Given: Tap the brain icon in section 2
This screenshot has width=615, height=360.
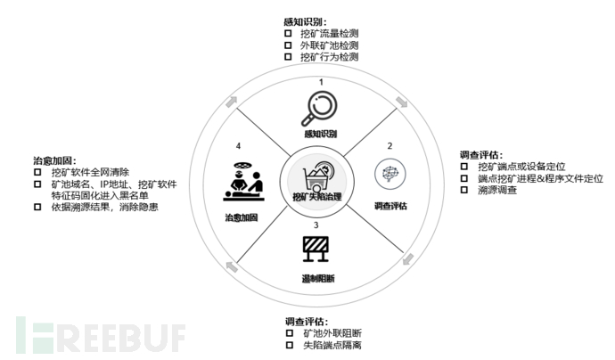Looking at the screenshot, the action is pyautogui.click(x=389, y=174).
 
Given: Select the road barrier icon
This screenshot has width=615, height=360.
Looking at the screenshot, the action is pyautogui.click(x=316, y=249).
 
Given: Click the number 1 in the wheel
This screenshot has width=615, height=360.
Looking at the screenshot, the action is pyautogui.click(x=321, y=82).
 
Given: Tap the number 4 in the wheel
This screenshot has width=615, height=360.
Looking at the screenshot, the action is pyautogui.click(x=238, y=146).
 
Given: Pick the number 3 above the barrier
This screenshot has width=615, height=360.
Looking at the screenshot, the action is pyautogui.click(x=316, y=225).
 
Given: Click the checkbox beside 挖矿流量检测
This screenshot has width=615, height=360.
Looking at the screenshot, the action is pyautogui.click(x=288, y=33).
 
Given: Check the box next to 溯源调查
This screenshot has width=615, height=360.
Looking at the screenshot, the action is pyautogui.click(x=464, y=190).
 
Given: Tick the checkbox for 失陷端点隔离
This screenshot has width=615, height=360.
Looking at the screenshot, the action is pyautogui.click(x=290, y=345).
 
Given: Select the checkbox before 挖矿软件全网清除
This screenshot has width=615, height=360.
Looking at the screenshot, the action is pyautogui.click(x=37, y=172).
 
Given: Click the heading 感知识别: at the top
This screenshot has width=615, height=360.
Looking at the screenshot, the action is pyautogui.click(x=305, y=22).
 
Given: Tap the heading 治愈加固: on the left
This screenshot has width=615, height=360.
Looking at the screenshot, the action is pyautogui.click(x=54, y=160).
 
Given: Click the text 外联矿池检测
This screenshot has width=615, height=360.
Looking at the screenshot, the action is pyautogui.click(x=330, y=45).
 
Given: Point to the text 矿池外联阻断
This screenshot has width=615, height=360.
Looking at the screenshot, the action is pyautogui.click(x=332, y=333).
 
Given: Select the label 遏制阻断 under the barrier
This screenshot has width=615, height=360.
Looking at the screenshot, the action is pyautogui.click(x=318, y=279).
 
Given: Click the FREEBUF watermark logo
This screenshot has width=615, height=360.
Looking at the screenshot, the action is pyautogui.click(x=101, y=335).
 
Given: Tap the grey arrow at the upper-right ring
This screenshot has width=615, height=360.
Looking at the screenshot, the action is pyautogui.click(x=402, y=102).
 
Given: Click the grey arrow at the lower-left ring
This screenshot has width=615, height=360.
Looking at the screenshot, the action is pyautogui.click(x=232, y=266).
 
